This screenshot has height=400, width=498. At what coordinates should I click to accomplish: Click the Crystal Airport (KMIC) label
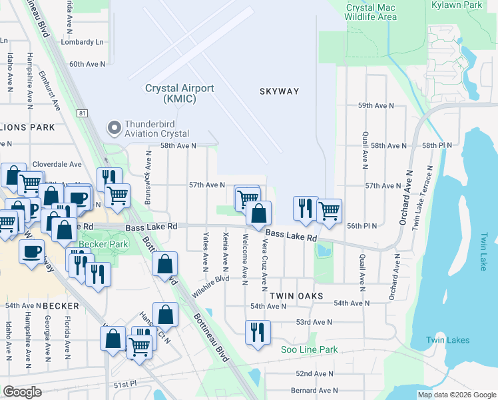[180, 93]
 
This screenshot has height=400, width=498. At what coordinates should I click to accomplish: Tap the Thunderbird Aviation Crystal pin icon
[114, 127]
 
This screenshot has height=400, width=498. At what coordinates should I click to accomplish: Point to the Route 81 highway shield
[82, 114]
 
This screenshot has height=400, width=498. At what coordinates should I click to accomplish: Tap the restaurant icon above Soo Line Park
[258, 331]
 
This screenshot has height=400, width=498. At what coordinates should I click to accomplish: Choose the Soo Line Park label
[309, 349]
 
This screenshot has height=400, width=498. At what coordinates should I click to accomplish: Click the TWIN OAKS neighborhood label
[296, 295]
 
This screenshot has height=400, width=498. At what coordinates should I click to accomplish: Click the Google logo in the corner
[22, 392]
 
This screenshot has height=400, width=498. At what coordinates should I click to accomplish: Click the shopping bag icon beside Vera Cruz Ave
[259, 213]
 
